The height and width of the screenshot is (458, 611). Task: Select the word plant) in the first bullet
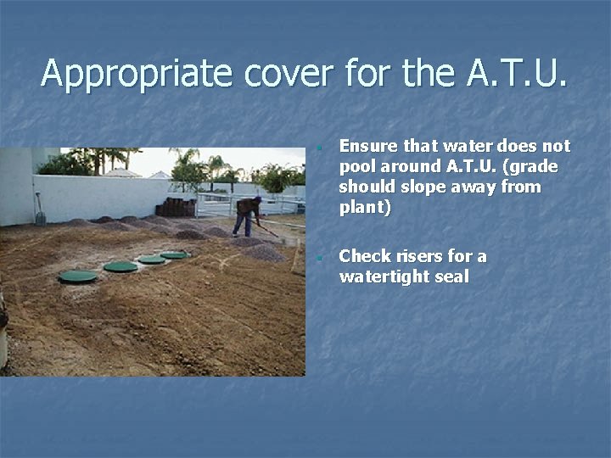[x=365, y=207]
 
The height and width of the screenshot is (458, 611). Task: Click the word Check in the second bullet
[x=363, y=256]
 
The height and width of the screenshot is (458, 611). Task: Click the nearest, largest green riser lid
[x=78, y=276]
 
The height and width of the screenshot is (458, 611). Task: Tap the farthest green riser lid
[x=174, y=254]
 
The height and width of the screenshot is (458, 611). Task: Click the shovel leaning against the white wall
[x=39, y=209]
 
